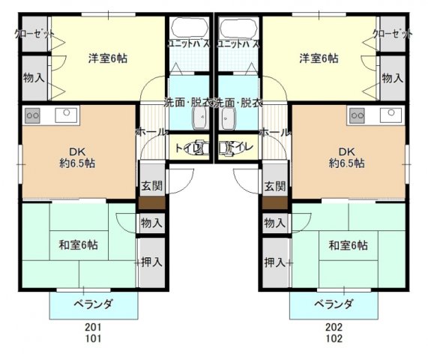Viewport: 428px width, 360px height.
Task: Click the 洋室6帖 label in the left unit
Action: (107, 58)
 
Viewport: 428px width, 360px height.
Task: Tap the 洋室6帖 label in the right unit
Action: (319, 58)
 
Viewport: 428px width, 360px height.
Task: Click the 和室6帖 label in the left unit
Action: (78, 244)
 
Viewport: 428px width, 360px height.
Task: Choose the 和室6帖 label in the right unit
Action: (348, 244)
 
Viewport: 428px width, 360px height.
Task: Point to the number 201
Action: (94, 328)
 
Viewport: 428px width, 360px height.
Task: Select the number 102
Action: (334, 338)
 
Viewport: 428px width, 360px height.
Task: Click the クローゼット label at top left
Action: (35, 33)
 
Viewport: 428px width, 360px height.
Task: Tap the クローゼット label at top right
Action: (392, 33)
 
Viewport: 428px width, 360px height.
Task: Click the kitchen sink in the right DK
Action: (391, 114)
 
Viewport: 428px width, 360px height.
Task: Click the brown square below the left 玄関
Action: (150, 202)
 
